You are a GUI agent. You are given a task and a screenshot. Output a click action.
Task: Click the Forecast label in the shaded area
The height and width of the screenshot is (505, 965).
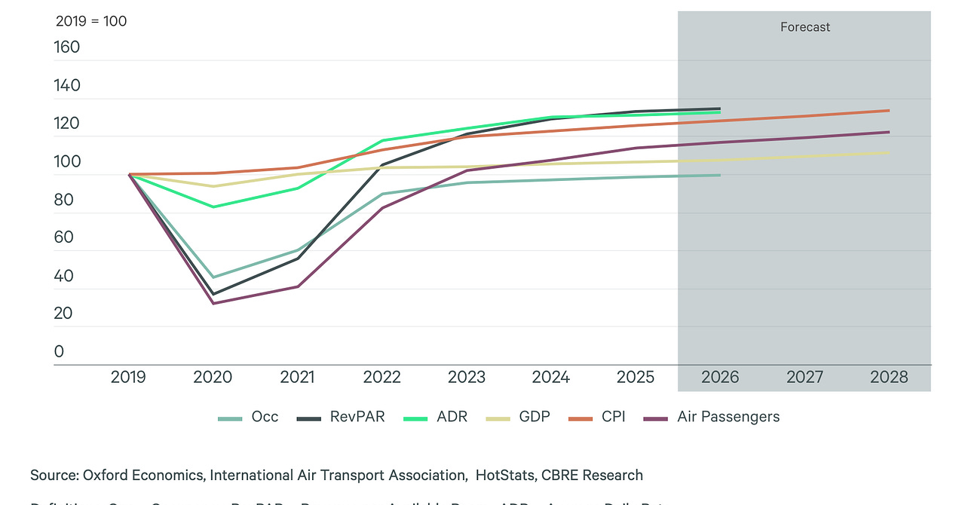pyautogui.click(x=804, y=27)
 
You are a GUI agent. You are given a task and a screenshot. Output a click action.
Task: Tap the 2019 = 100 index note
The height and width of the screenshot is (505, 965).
pyautogui.click(x=91, y=21)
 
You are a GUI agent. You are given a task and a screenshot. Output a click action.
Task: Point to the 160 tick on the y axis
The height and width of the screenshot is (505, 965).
pyautogui.click(x=67, y=47)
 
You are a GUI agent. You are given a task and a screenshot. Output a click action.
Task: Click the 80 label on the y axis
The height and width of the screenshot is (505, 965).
pyautogui.click(x=63, y=200)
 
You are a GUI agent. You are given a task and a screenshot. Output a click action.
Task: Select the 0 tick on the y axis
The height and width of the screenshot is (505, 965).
pyautogui.click(x=59, y=351)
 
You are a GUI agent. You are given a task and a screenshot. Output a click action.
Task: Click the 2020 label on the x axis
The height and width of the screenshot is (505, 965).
pyautogui.click(x=213, y=377)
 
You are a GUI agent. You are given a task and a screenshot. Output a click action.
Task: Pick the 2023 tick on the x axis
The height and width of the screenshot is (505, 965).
pyautogui.click(x=467, y=377)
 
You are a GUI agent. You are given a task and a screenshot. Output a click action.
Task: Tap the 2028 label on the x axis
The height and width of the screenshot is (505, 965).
pyautogui.click(x=889, y=377)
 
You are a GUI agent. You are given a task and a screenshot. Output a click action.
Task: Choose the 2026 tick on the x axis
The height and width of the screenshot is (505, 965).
pyautogui.click(x=720, y=377)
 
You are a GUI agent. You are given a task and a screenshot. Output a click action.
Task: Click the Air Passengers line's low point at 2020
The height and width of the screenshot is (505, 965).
pyautogui.click(x=213, y=303)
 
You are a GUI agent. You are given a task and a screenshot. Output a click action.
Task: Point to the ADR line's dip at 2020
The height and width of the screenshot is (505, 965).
pyautogui.click(x=213, y=207)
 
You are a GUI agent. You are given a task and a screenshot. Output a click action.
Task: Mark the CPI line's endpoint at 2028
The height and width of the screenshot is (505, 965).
pyautogui.click(x=889, y=111)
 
